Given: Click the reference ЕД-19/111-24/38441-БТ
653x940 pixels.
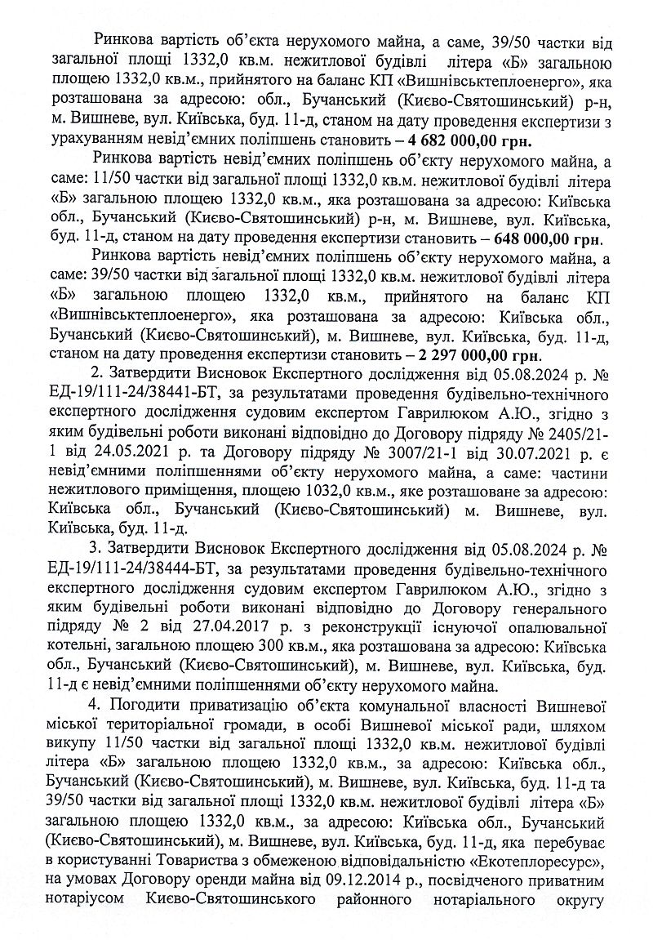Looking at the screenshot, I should coord(134,396).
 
